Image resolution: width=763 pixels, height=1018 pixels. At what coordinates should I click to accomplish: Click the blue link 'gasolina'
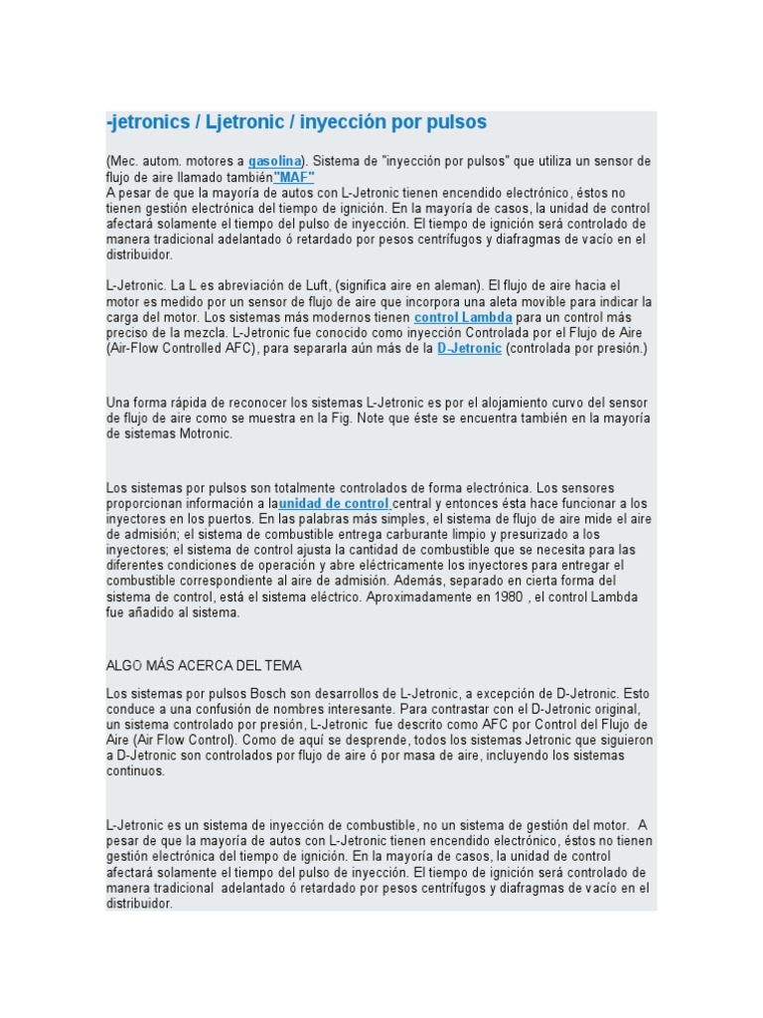275,161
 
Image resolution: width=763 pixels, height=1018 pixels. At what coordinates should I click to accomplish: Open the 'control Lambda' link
463,317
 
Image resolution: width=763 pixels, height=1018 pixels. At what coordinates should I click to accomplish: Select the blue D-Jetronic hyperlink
469,349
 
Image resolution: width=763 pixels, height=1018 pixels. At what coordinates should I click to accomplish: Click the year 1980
500,596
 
